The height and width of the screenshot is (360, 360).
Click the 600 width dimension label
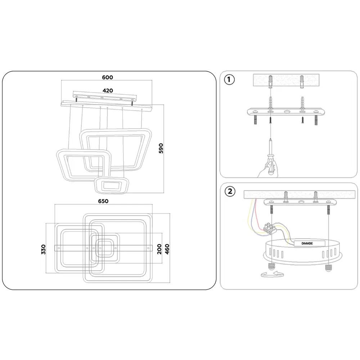(x=107, y=77)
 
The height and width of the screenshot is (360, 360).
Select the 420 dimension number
(x=108, y=91)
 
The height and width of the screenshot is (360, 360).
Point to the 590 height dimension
(x=161, y=148)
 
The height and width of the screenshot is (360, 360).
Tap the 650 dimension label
(x=103, y=201)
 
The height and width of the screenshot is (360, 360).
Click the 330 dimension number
(x=44, y=249)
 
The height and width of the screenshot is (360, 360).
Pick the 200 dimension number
(x=159, y=249)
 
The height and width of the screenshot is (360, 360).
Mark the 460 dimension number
(x=167, y=249)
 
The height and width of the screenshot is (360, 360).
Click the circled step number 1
(x=229, y=80)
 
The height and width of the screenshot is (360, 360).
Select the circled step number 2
(x=230, y=191)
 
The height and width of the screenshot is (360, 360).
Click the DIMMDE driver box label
(x=307, y=243)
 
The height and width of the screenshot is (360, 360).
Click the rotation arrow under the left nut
(x=273, y=274)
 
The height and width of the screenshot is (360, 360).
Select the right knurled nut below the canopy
(x=329, y=268)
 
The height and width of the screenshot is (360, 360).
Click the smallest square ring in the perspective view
(x=112, y=185)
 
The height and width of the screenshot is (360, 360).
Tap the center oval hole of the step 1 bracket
(x=287, y=112)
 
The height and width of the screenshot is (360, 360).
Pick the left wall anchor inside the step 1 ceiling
(x=271, y=81)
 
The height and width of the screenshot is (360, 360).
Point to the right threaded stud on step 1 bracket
(x=316, y=120)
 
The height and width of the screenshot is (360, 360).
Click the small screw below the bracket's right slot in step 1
(x=303, y=120)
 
